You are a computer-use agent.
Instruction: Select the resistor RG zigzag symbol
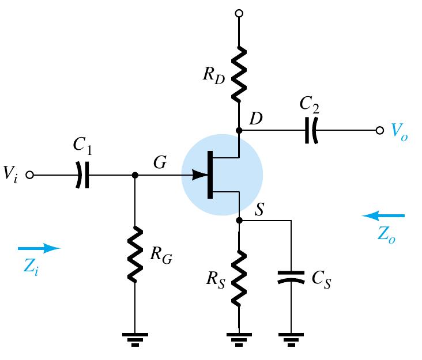tap(134, 255)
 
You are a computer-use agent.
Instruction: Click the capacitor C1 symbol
tap(82, 175)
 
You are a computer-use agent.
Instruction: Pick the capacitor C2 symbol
tap(310, 131)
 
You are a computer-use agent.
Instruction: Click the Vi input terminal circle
tap(31, 175)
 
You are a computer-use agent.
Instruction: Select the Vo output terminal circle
tap(379, 131)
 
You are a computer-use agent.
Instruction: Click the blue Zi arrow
tap(39, 248)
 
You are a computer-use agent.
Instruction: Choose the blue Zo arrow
tap(383, 216)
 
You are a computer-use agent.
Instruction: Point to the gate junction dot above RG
tap(134, 175)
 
